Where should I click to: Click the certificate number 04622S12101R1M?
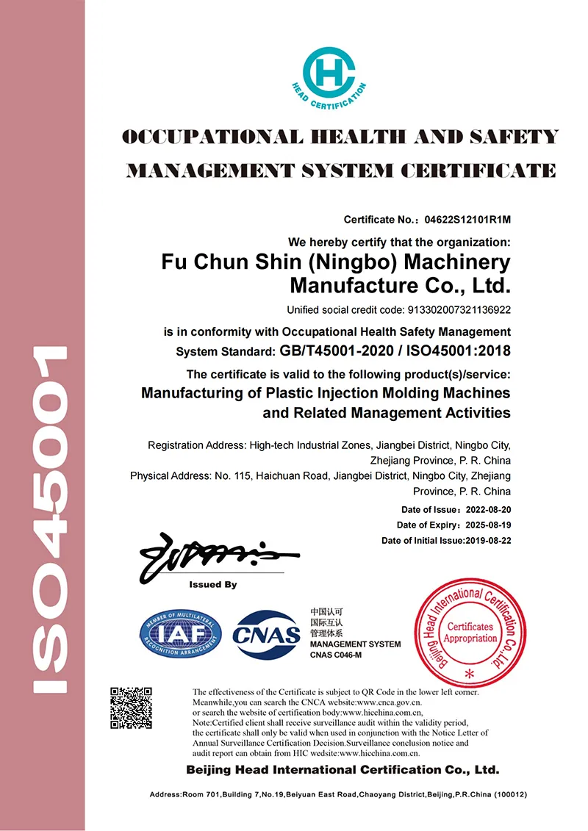coord(468,220)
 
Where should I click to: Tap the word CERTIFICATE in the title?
coord(478,171)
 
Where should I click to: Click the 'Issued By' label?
coord(213,586)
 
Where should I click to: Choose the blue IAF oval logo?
coord(181,633)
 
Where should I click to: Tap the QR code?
coord(131,707)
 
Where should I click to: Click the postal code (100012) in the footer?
coord(509,795)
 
